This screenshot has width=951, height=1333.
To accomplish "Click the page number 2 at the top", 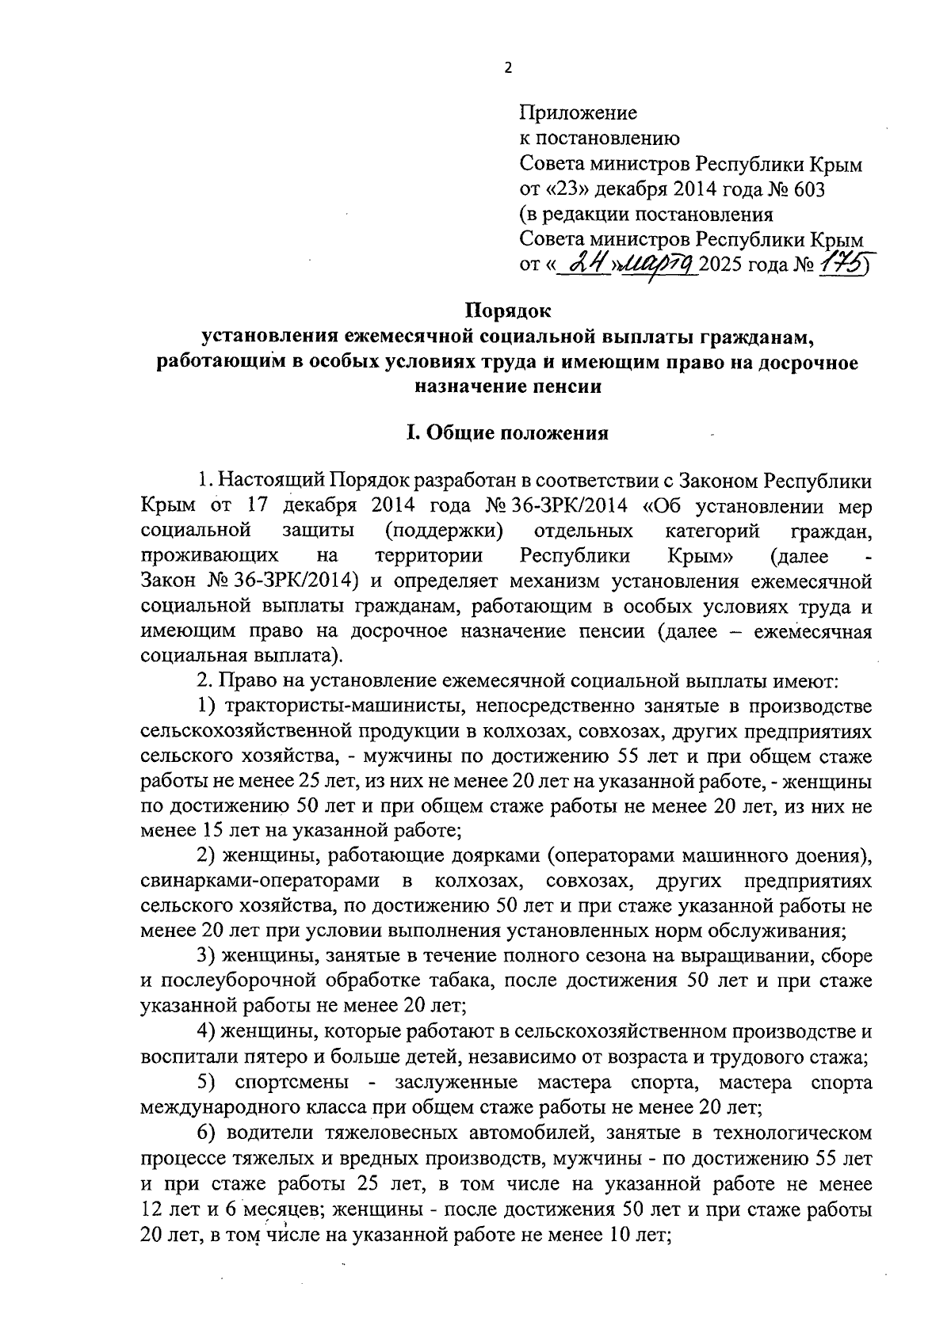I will point(508,68).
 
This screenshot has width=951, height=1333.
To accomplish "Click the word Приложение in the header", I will point(578,113).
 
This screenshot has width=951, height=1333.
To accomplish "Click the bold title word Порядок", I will point(507,312).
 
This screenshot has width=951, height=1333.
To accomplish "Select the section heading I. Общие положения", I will point(507,433).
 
